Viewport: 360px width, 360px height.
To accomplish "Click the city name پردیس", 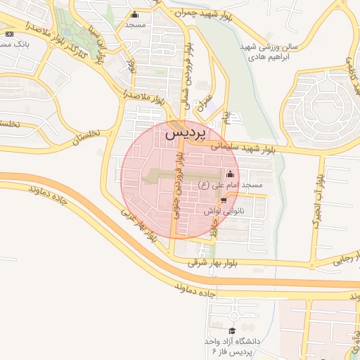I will click(188, 132).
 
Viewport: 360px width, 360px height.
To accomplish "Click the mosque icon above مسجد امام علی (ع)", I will click(231, 174).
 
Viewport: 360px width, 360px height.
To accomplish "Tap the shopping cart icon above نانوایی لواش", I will click(224, 200).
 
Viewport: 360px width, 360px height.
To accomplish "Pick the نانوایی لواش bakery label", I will click(224, 210).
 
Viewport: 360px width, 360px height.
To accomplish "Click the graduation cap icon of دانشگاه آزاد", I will click(231, 330).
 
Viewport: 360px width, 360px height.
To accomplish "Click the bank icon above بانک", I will click(8, 34).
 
